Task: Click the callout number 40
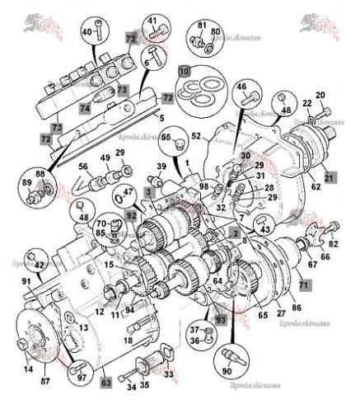click(86, 32)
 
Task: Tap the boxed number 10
click(183, 72)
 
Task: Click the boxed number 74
click(84, 107)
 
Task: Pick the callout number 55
click(166, 139)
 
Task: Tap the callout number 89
click(26, 184)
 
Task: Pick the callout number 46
click(241, 86)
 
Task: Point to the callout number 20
click(320, 96)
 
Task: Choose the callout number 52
click(196, 134)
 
